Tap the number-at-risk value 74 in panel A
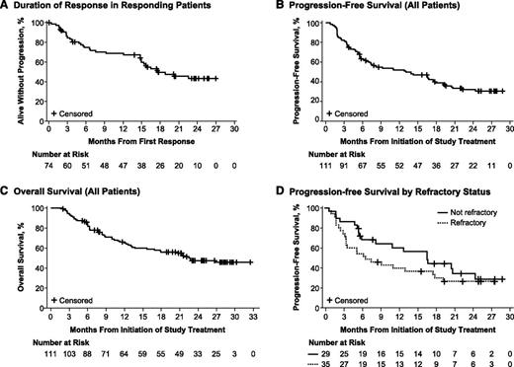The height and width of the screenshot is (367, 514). [x=48, y=169]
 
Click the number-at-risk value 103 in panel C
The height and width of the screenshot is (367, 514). [x=70, y=352]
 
